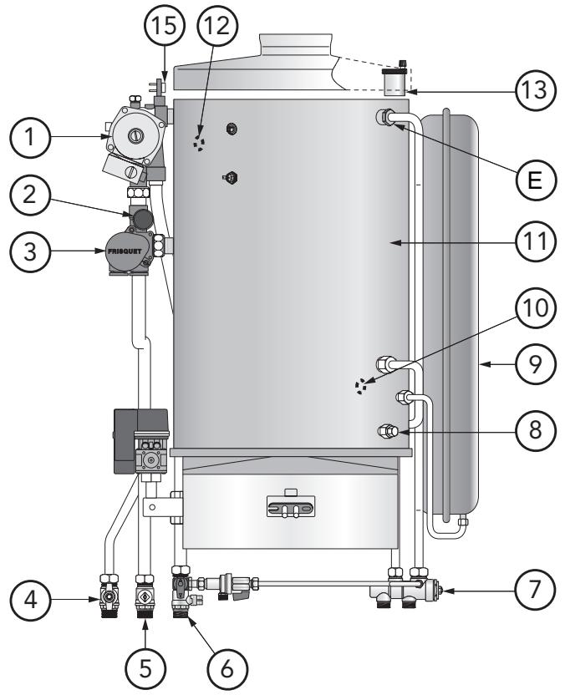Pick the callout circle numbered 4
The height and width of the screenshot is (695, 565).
[31, 599]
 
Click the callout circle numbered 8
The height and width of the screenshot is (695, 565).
[533, 429]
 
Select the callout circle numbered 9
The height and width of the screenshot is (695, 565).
[533, 364]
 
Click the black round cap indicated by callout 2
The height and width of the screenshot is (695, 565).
[144, 220]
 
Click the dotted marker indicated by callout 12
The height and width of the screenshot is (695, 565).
[198, 142]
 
